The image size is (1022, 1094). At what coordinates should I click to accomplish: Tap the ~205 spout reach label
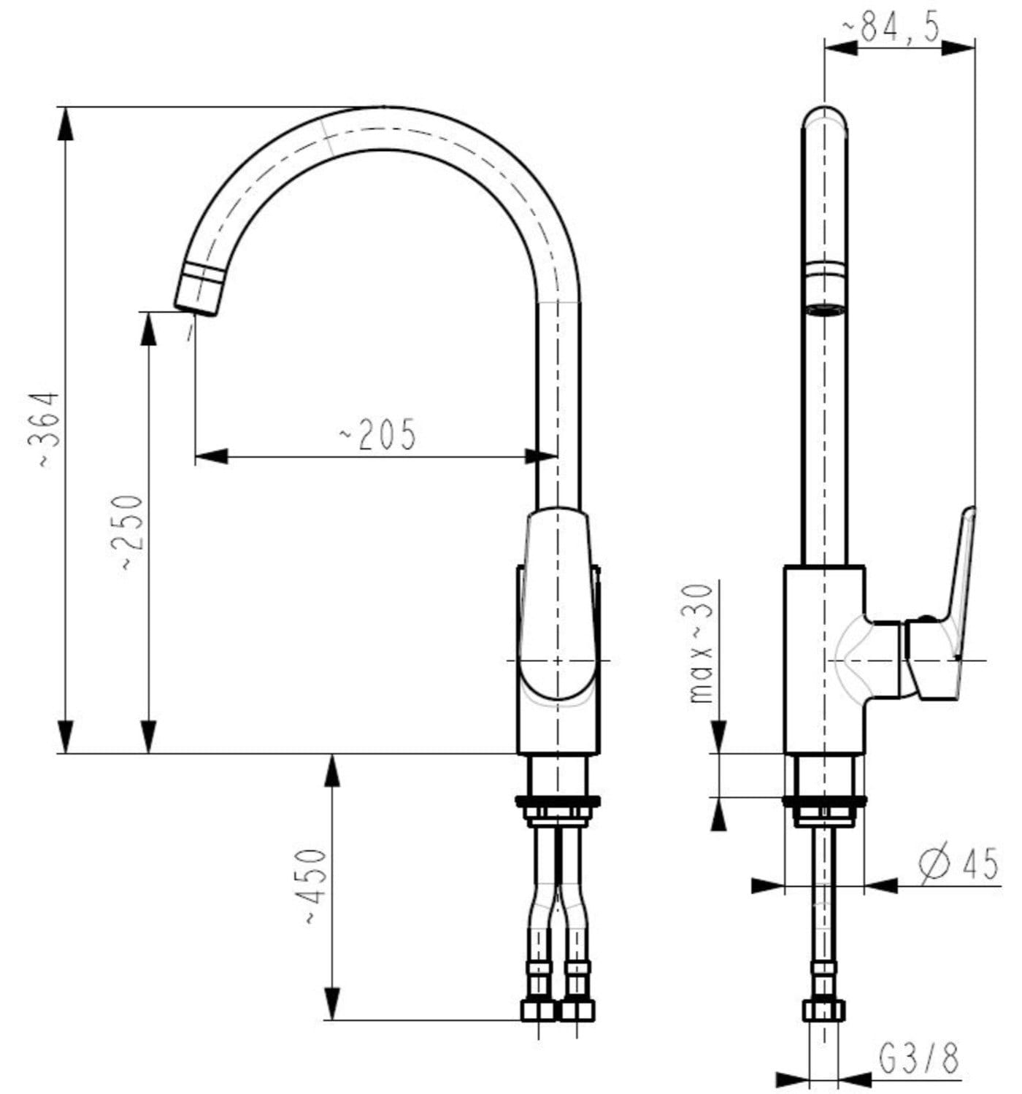(377, 434)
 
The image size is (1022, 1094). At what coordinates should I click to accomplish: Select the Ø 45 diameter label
(958, 862)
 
